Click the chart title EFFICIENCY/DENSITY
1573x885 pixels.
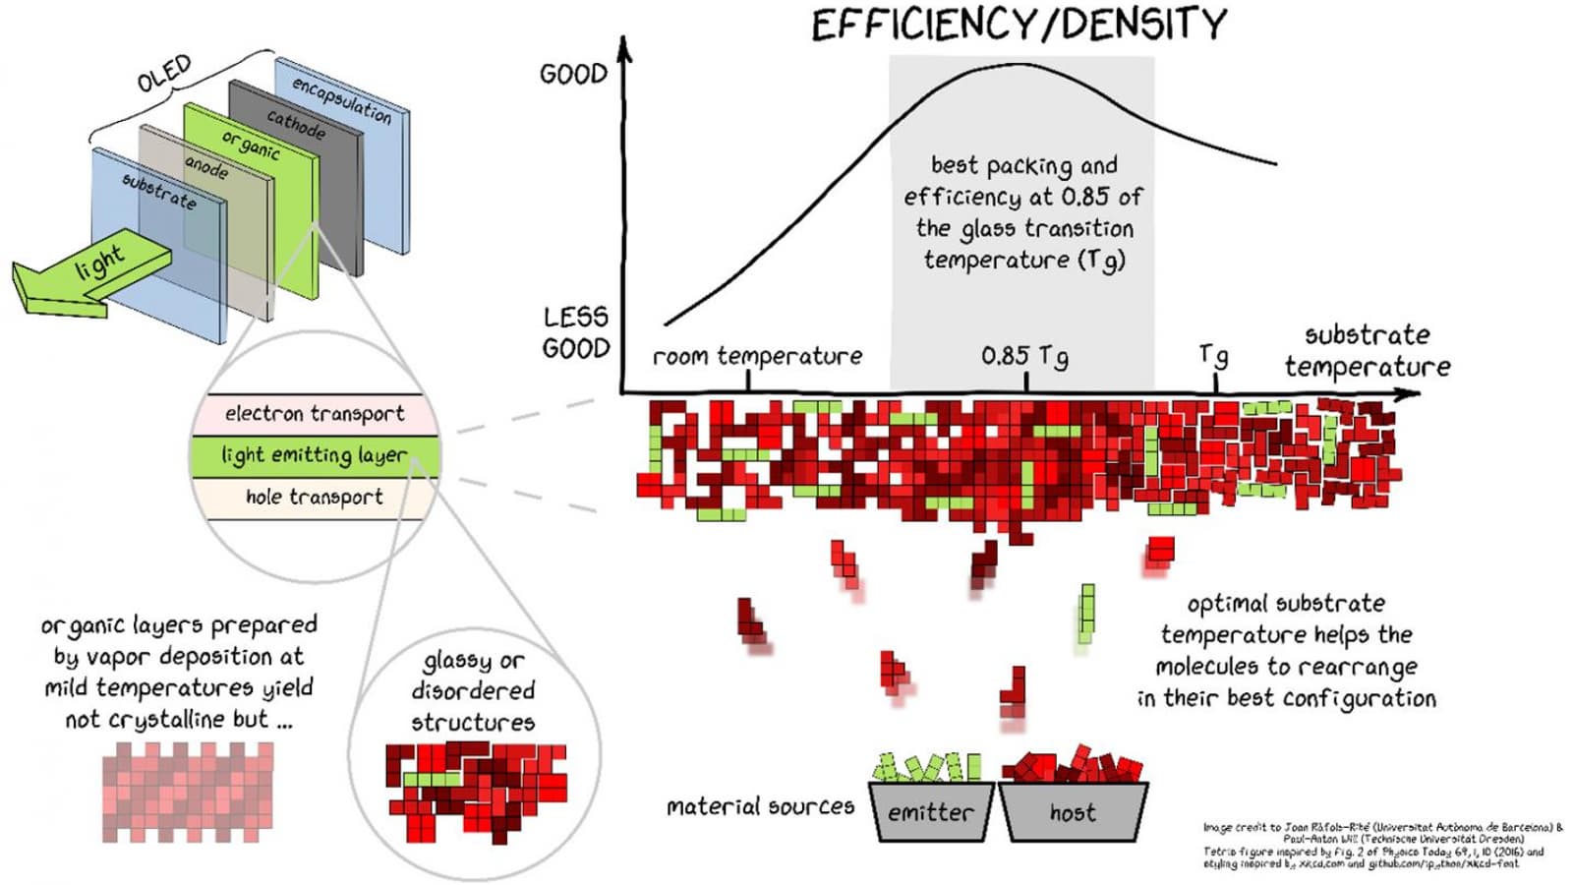click(x=1019, y=25)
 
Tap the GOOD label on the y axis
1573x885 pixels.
click(x=573, y=74)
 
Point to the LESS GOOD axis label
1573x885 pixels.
click(x=576, y=332)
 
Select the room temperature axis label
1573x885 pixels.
click(x=757, y=356)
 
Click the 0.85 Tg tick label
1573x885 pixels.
click(x=1024, y=356)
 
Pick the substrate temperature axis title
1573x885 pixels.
click(x=1367, y=351)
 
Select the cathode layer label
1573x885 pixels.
click(x=296, y=124)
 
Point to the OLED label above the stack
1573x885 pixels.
click(x=164, y=74)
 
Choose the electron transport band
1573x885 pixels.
click(x=314, y=414)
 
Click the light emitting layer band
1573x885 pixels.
click(x=314, y=455)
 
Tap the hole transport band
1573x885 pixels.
click(x=314, y=498)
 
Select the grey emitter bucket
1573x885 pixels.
click(x=931, y=812)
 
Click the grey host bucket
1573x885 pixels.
click(x=1073, y=812)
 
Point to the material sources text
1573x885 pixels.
click(x=760, y=807)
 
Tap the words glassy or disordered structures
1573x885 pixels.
click(x=473, y=691)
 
